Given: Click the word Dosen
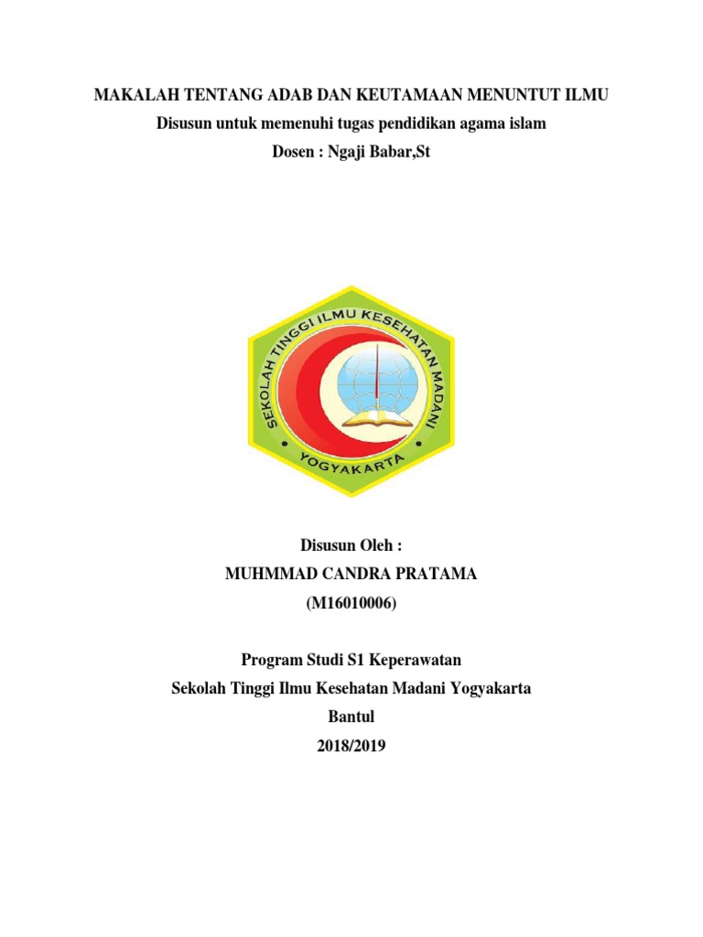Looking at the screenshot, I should (x=296, y=152).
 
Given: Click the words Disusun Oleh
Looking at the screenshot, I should (x=351, y=546).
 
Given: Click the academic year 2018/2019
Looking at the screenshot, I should (x=351, y=746).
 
